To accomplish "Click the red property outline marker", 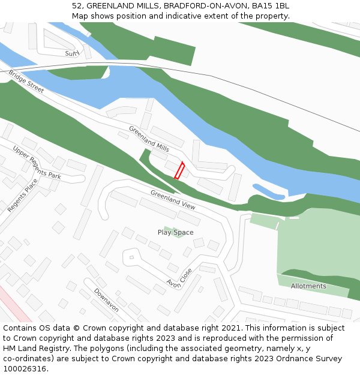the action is pyautogui.click(x=179, y=170).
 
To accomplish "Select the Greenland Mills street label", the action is pyautogui.click(x=149, y=139).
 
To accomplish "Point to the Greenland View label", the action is pyautogui.click(x=173, y=199).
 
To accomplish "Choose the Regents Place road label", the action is pyautogui.click(x=22, y=195).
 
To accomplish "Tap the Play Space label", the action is pyautogui.click(x=175, y=232).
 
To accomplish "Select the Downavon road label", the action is pyautogui.click(x=106, y=300).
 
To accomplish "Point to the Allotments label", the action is pyautogui.click(x=308, y=286).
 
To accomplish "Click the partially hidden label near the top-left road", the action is pyautogui.click(x=72, y=53).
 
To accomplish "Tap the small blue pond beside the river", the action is pyautogui.click(x=268, y=191).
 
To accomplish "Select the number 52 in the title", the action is pyautogui.click(x=76, y=5).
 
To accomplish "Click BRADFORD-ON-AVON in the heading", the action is pyautogui.click(x=208, y=5).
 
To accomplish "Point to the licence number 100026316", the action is pyautogui.click(x=25, y=369).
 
